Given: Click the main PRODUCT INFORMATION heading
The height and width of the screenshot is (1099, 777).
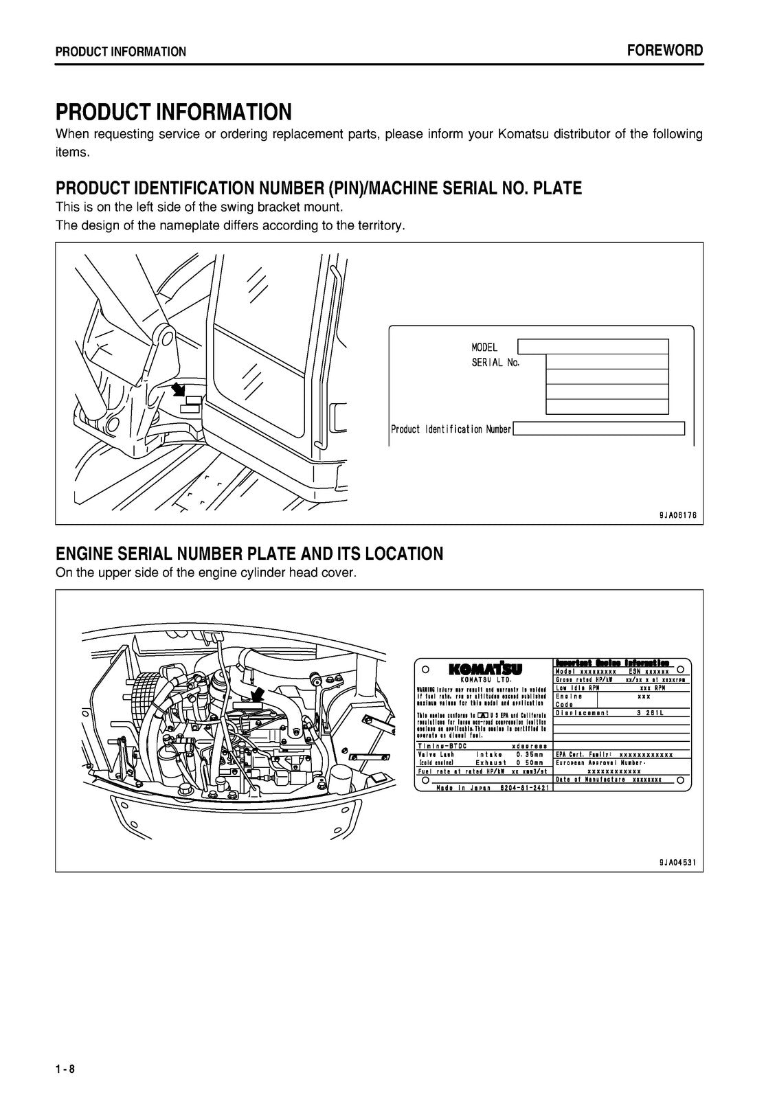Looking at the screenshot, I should tap(174, 111).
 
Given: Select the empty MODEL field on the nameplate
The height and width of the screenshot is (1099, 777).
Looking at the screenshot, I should tap(592, 346).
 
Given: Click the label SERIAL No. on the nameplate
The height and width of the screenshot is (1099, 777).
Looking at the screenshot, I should tap(495, 363).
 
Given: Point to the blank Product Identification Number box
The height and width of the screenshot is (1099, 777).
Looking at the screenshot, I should tap(598, 429).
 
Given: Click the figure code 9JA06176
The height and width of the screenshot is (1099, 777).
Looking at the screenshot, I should tap(677, 514).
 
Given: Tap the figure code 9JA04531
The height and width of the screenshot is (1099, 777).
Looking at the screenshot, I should tap(677, 862).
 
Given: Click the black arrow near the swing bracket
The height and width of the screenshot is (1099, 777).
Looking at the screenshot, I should tap(178, 389).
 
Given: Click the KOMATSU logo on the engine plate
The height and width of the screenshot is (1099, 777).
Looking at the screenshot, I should tap(485, 668).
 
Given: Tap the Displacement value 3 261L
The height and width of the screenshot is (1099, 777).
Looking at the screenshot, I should tap(650, 713).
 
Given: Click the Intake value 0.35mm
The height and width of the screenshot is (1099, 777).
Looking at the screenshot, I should tap(530, 754).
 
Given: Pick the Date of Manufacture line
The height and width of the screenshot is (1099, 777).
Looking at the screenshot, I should tap(609, 780).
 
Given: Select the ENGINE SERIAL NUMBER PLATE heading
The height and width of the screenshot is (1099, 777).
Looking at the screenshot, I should tap(249, 554).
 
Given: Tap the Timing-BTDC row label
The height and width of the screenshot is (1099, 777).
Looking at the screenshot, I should tap(442, 746).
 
